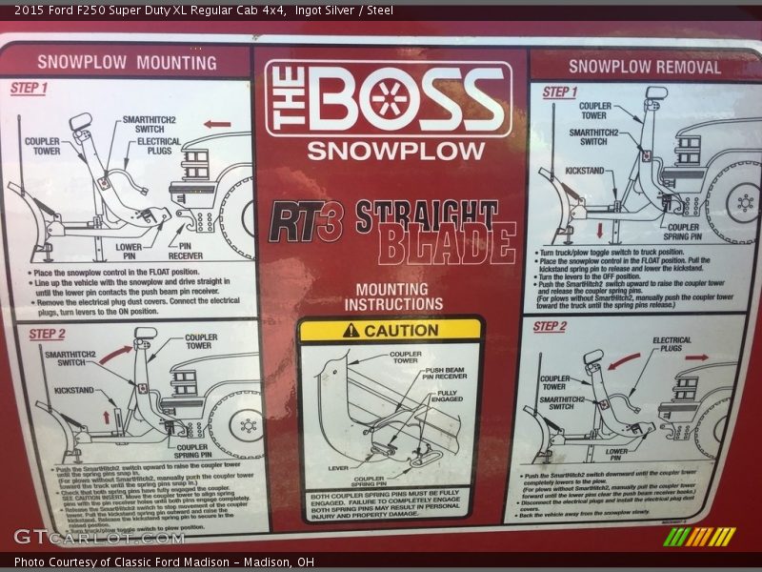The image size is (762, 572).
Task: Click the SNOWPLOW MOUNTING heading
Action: pos(127,63)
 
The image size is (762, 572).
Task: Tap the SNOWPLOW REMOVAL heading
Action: pos(644,67)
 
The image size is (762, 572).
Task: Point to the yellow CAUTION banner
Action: pos(391,330)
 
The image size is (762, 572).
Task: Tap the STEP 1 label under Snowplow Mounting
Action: pos(30,88)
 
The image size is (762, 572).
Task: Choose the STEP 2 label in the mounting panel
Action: pos(47,334)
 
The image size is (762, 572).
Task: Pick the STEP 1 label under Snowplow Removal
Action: pos(560,92)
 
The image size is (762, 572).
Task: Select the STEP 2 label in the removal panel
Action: pos(550,327)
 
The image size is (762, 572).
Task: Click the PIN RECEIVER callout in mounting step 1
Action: pos(185,251)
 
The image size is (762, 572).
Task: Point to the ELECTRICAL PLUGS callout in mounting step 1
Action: pos(159,146)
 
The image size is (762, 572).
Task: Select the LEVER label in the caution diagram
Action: pos(338,468)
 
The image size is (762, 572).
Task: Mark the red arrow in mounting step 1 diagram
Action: pos(217,123)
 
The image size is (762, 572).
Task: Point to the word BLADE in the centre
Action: pos(447,247)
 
